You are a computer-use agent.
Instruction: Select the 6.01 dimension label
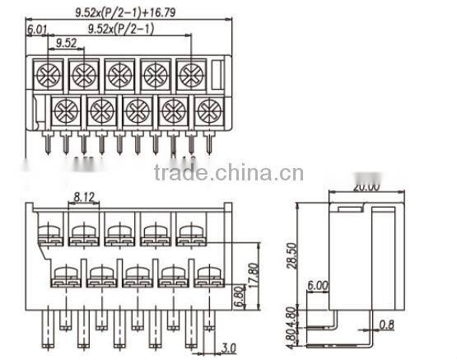click(x=36, y=30)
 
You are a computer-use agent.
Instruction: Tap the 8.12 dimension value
click(x=84, y=197)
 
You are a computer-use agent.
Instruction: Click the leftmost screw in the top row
click(x=45, y=76)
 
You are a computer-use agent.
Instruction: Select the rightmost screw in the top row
click(x=190, y=76)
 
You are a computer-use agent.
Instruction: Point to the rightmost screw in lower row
click(x=208, y=108)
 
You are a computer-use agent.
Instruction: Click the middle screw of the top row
click(x=118, y=76)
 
